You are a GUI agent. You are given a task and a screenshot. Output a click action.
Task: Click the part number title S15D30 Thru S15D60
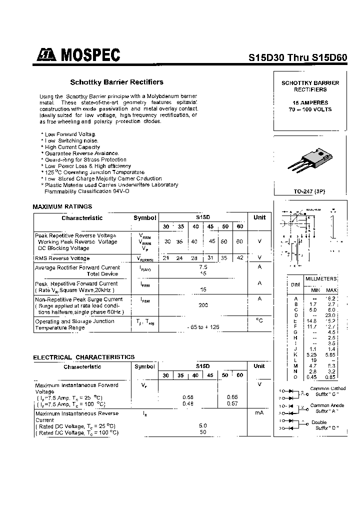point(297,57)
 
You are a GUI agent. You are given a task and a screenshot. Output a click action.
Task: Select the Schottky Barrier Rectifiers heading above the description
point(116,82)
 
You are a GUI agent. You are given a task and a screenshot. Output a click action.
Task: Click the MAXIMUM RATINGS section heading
point(62,206)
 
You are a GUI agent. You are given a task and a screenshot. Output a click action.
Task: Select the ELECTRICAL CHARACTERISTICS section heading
point(83,357)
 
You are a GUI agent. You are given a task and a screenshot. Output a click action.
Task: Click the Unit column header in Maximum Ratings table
point(259,217)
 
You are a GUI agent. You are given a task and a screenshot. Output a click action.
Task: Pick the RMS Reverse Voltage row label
point(62,258)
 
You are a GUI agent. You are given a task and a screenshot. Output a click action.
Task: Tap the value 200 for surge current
point(203,304)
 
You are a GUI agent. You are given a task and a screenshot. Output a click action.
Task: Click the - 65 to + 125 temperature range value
point(203,327)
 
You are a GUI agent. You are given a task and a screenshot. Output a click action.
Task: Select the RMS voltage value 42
point(239,258)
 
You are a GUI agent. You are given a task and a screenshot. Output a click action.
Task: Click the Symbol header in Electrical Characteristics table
point(144,366)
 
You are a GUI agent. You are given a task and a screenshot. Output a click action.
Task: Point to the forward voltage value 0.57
point(232,403)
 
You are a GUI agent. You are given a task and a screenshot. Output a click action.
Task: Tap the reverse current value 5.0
point(203,425)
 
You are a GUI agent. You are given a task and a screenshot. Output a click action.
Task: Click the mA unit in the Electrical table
point(259,413)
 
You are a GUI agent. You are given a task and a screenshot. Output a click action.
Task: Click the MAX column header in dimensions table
point(331,290)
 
